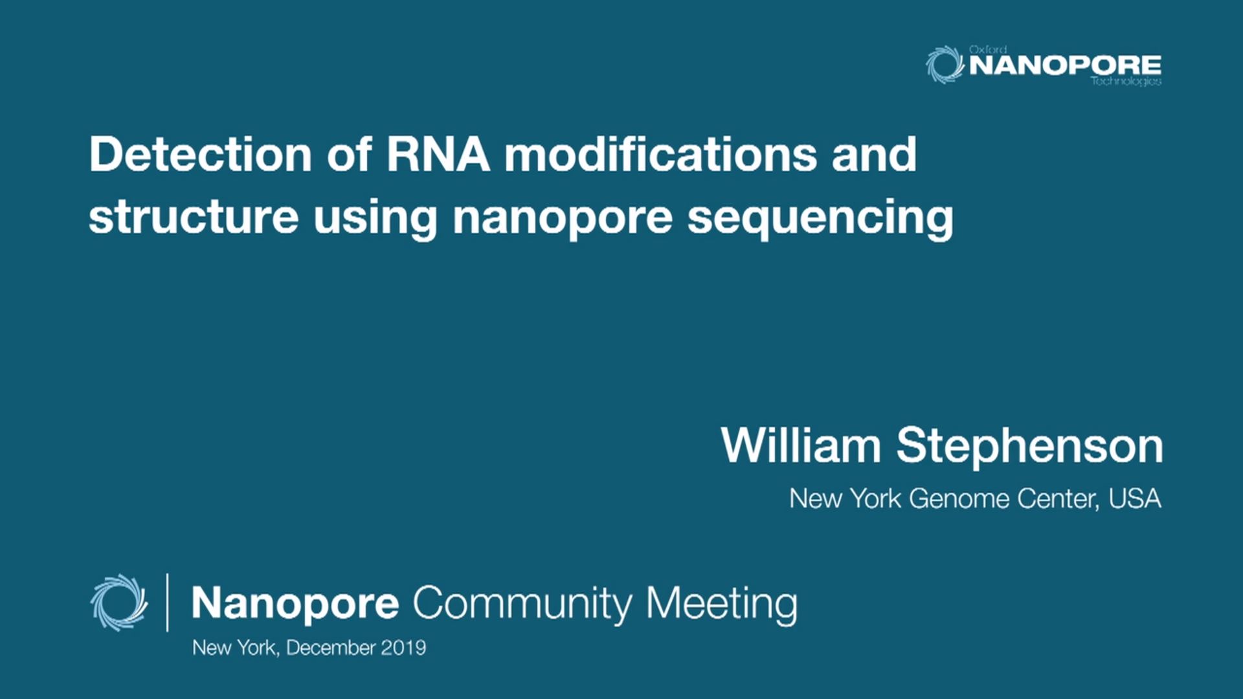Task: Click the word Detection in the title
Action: (201, 155)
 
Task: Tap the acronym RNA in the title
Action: (438, 155)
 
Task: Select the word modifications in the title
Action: (660, 155)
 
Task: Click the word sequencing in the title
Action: (820, 218)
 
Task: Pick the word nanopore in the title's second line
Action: (563, 218)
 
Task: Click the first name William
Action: (801, 446)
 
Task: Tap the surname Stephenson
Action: (1029, 446)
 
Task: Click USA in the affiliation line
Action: (1134, 498)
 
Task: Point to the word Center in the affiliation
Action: (1057, 498)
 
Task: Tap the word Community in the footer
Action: (522, 604)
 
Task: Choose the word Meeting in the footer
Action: (721, 604)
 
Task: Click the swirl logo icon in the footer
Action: (118, 603)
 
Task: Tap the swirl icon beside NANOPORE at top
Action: (945, 65)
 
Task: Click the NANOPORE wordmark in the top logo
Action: (1065, 65)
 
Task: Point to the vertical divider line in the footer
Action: (168, 603)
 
